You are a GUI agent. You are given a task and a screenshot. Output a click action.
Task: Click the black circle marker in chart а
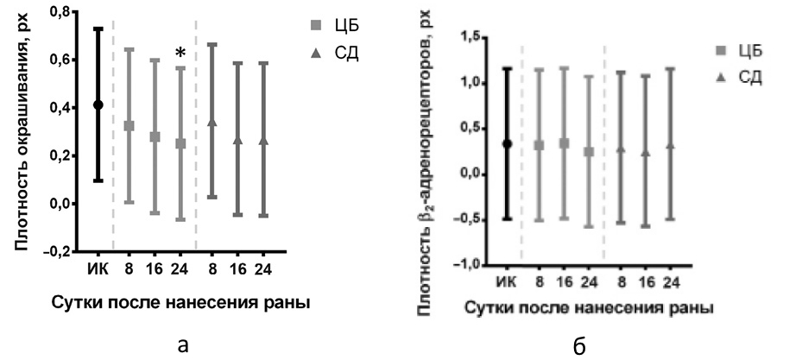click(98, 104)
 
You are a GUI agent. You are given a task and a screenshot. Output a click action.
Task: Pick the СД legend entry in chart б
click(736, 77)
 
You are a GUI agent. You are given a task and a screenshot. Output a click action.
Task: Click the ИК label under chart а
click(98, 270)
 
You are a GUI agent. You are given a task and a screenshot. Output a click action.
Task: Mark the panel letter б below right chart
click(579, 346)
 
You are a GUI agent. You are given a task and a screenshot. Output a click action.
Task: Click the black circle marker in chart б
click(508, 143)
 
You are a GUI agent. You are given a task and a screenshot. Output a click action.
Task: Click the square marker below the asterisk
click(180, 143)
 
